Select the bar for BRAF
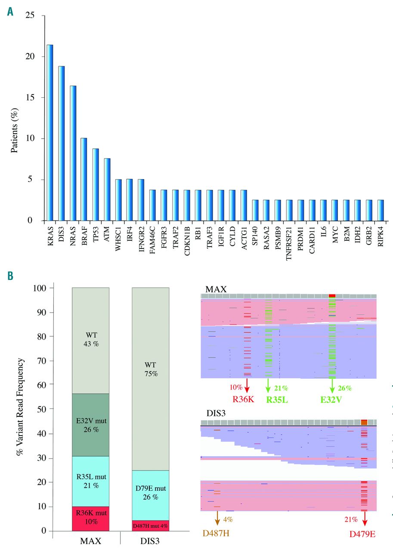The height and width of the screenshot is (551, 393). pyautogui.click(x=84, y=179)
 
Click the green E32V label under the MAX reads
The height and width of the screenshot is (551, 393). pyautogui.click(x=332, y=399)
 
